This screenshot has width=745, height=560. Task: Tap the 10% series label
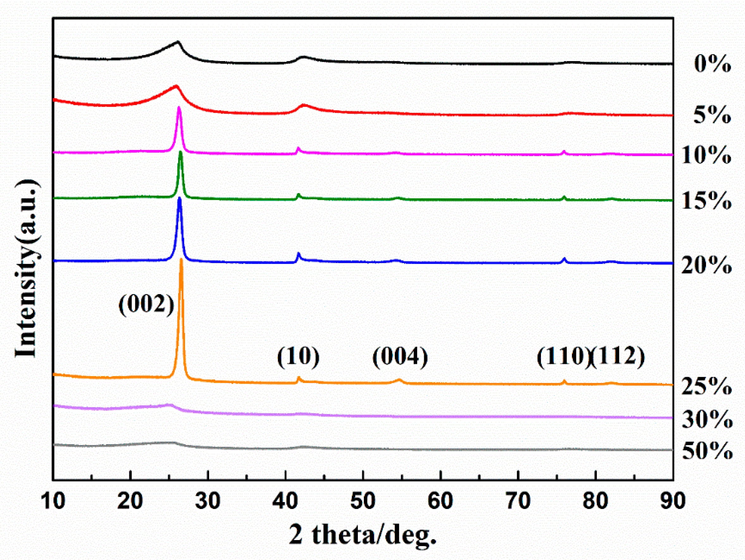point(706,155)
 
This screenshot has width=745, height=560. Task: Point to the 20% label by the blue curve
point(706,265)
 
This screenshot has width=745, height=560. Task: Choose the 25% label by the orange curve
point(706,386)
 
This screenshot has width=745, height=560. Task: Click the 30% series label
point(707,420)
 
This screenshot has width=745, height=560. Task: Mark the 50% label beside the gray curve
point(707,451)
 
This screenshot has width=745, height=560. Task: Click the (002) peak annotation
point(146,305)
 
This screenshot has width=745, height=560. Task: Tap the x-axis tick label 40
point(285,501)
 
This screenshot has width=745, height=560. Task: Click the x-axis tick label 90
point(673,501)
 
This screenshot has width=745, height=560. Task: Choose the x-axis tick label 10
point(53,501)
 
